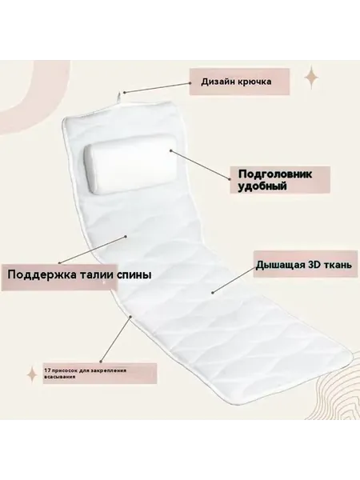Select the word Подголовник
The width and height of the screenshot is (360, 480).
[275, 174]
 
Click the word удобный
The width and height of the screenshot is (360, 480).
[262, 186]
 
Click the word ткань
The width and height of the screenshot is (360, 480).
[338, 265]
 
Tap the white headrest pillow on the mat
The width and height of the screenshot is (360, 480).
[131, 166]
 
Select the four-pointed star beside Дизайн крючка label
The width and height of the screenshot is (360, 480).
[312, 77]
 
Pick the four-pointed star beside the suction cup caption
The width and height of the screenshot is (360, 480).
[32, 374]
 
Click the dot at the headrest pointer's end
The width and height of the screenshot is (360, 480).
[171, 150]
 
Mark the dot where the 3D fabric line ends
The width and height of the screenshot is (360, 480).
[212, 293]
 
